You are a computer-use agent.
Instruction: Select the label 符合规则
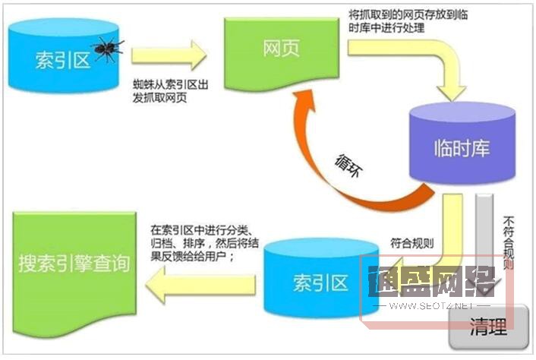pos(412,244)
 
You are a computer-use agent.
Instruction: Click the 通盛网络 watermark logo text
pos(430,285)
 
